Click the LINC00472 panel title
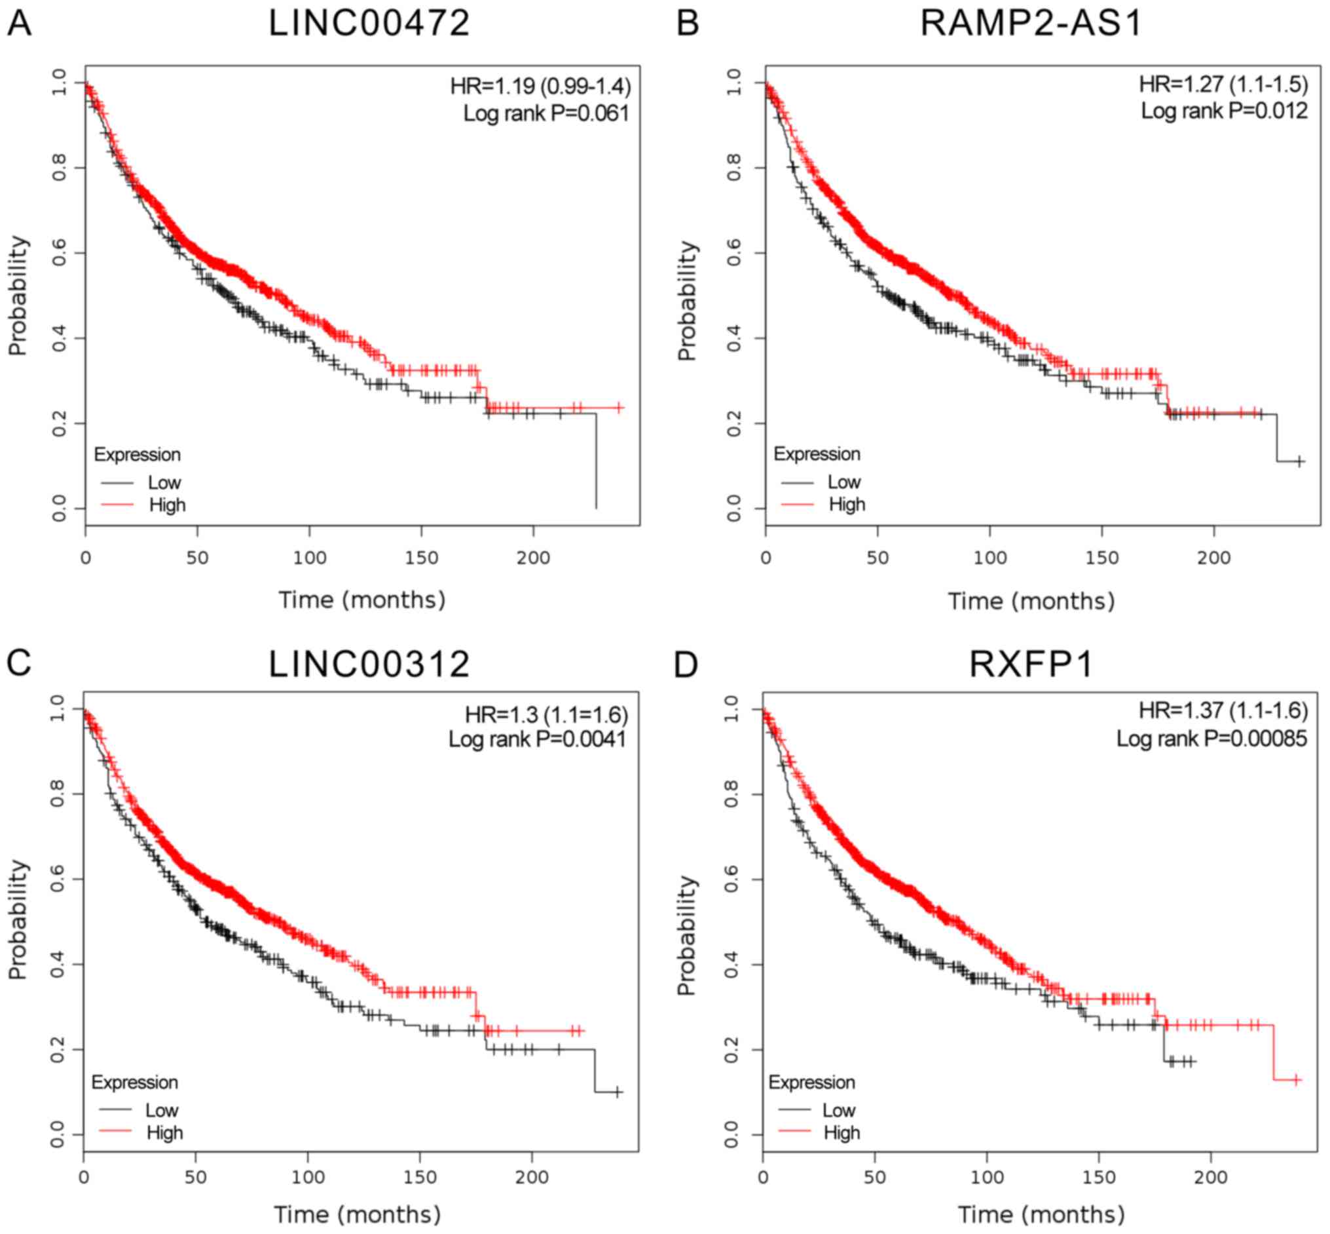coord(369,24)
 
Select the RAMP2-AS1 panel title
coord(1030,24)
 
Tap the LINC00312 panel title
coord(369,665)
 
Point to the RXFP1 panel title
coord(1031,665)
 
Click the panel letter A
coord(19,24)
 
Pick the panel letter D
coord(686,665)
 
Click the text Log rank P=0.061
coord(546,113)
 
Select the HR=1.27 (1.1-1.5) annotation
coord(1223,84)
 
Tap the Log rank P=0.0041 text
coord(537,739)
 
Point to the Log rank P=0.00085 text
coord(1211,739)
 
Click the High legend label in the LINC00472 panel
coord(167,505)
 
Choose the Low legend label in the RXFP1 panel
coord(838,1110)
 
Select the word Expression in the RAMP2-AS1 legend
coord(816,454)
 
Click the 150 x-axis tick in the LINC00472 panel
coord(421,558)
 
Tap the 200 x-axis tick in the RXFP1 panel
coord(1211,1177)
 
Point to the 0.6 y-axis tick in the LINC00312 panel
coord(58,879)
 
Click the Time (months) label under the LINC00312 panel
coord(357,1214)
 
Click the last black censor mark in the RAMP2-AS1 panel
coord(1299,461)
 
